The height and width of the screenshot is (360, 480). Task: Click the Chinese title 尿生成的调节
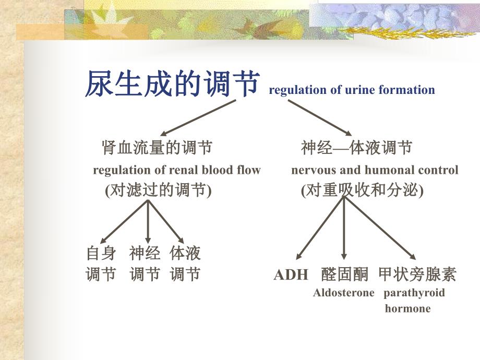172,85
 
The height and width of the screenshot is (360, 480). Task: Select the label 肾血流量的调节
157,148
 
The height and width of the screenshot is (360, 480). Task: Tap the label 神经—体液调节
356,148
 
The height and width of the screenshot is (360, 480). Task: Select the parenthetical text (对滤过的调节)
159,190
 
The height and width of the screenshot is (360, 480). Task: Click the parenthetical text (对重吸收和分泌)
363,190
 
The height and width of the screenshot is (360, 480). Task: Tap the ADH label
291,275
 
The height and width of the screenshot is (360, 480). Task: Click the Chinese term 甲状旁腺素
417,274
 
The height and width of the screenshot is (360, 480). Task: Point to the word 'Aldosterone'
343,293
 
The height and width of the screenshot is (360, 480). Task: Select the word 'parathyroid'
414,293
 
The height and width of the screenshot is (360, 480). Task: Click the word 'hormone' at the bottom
407,308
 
